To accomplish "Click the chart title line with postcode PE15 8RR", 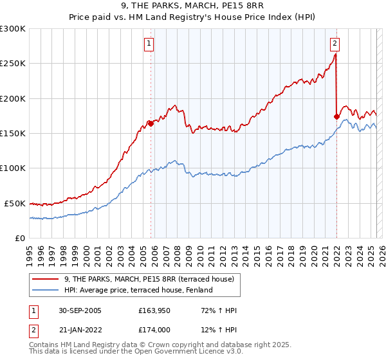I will coord(192,7).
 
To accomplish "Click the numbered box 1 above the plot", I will coord(149,44).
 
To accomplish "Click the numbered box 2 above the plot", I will coord(335,44).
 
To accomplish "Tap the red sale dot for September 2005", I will coord(151,123).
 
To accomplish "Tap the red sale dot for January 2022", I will coord(336,116).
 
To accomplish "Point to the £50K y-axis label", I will coord(14,203).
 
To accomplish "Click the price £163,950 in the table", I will coord(153,310).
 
